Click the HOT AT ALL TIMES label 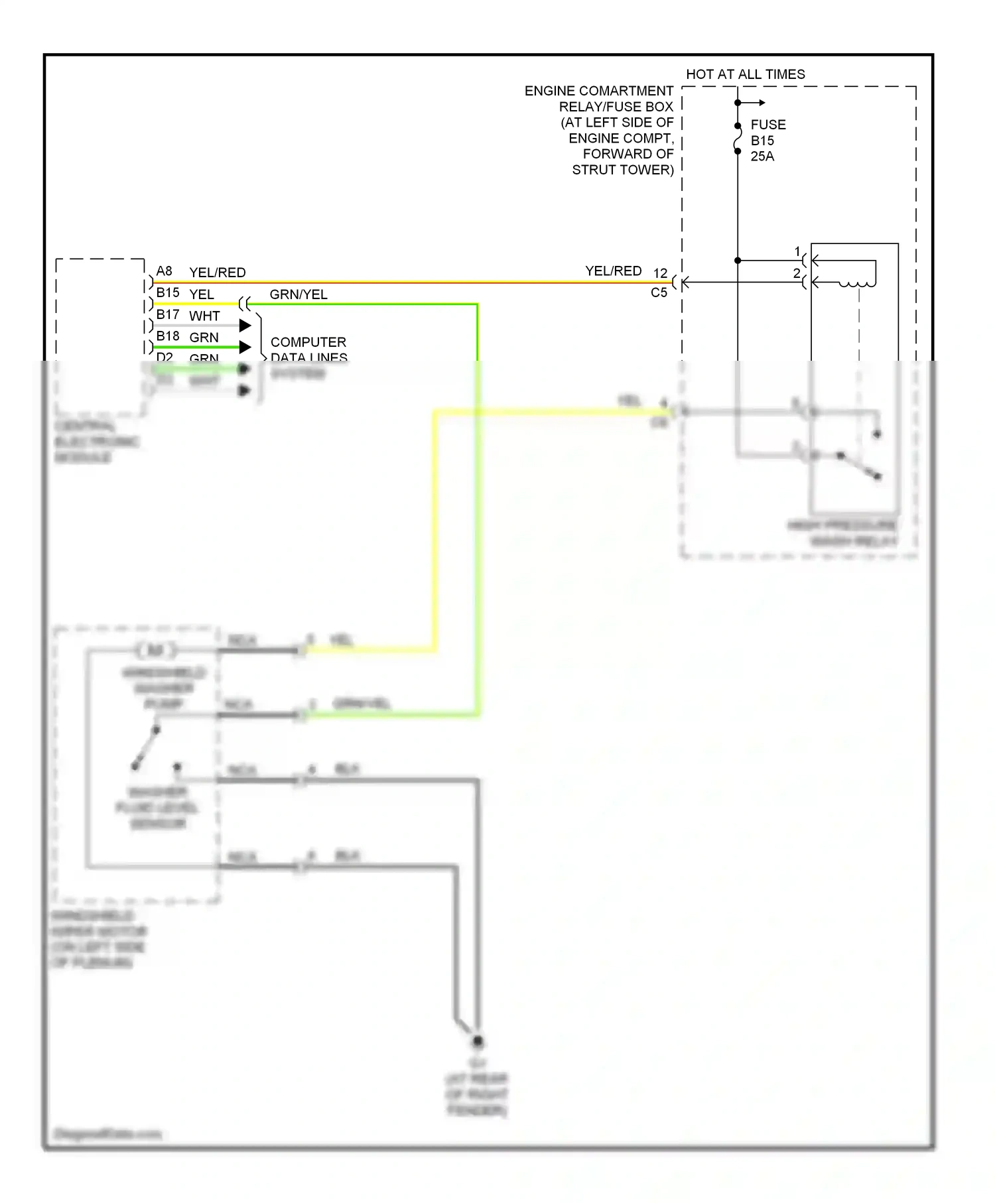tap(745, 74)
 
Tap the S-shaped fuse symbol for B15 tap(738, 139)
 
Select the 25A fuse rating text tap(762, 157)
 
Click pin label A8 tap(164, 271)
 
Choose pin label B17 tap(168, 314)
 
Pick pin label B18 tap(168, 336)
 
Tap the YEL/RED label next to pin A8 tap(217, 273)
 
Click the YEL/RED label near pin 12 tap(613, 271)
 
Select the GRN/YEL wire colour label tap(298, 294)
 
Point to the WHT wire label tap(204, 316)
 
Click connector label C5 tap(659, 292)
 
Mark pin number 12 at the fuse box tap(660, 273)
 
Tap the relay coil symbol tap(857, 284)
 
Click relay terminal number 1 tap(797, 252)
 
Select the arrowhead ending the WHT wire tap(245, 326)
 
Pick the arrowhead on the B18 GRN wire tap(245, 347)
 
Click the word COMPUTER tap(308, 342)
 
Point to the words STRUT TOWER tap(622, 170)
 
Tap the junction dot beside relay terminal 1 tap(738, 261)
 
